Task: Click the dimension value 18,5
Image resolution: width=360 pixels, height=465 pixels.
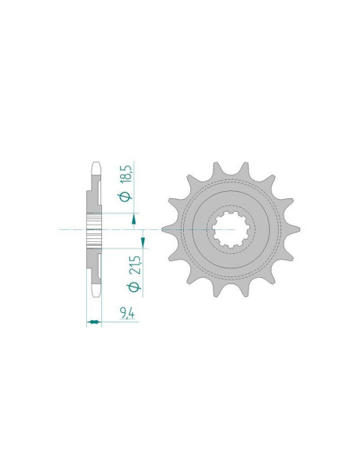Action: pyautogui.click(x=125, y=174)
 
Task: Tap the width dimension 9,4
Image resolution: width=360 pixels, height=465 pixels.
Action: pyautogui.click(x=127, y=314)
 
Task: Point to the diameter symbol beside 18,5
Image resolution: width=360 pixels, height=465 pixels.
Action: pyautogui.click(x=125, y=197)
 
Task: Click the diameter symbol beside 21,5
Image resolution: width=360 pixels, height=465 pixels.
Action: pyautogui.click(x=135, y=287)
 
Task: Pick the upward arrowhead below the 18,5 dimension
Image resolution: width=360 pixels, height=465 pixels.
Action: pyautogui.click(x=134, y=220)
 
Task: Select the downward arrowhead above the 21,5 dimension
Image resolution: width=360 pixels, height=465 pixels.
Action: pyautogui.click(x=143, y=242)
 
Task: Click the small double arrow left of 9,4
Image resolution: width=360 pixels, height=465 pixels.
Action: pyautogui.click(x=94, y=322)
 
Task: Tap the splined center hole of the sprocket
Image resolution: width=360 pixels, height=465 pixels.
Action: pyautogui.click(x=231, y=229)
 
